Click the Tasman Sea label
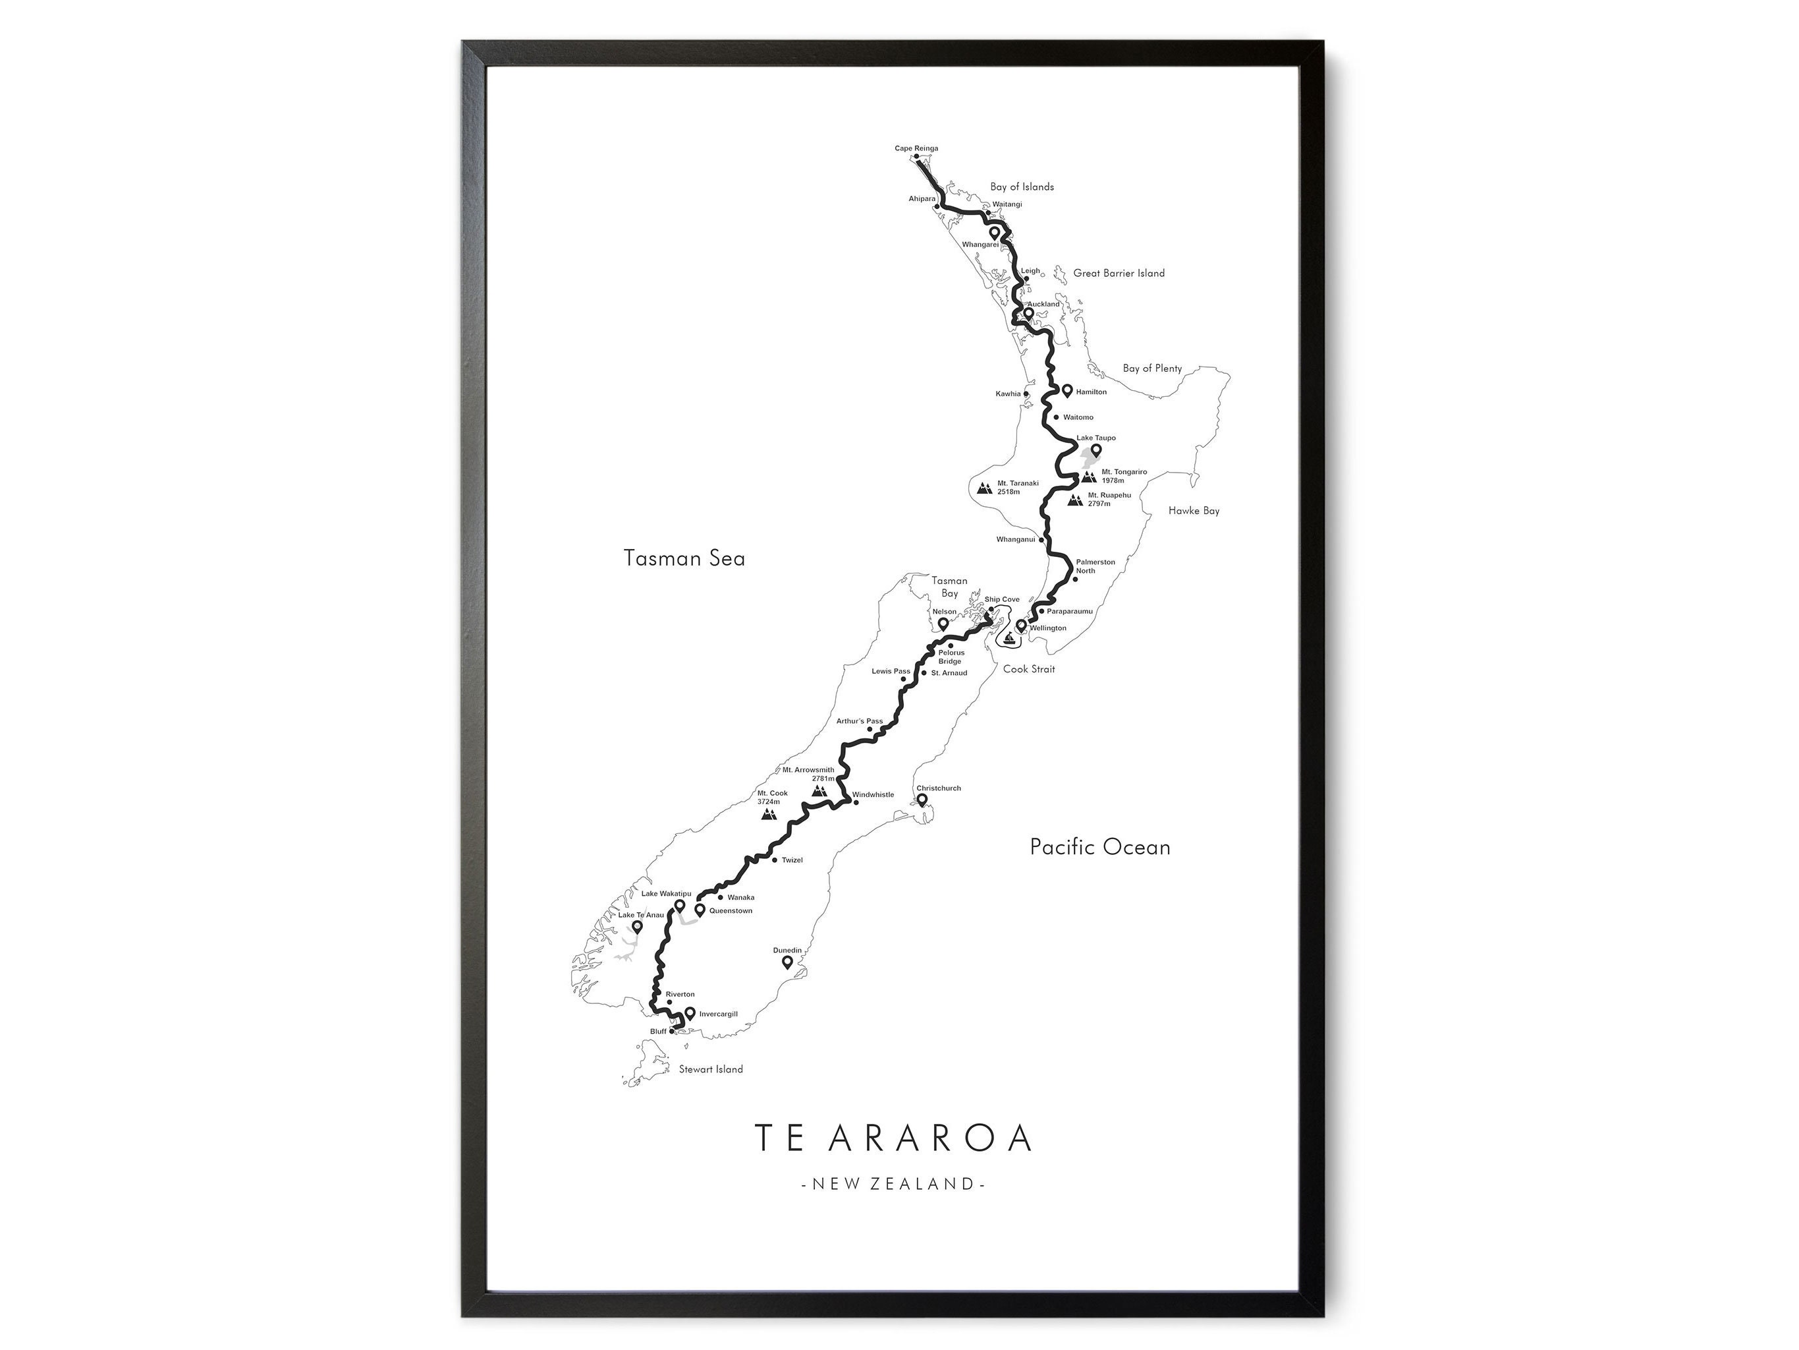pyautogui.click(x=684, y=558)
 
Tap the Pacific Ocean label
pyautogui.click(x=1099, y=847)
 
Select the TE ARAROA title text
pyautogui.click(x=893, y=1138)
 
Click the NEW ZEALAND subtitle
pyautogui.click(x=893, y=1183)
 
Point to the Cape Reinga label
pyautogui.click(x=916, y=148)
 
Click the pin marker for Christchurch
pyautogui.click(x=922, y=801)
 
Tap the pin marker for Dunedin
pyautogui.click(x=787, y=962)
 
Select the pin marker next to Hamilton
pyautogui.click(x=1067, y=391)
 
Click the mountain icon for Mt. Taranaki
pyautogui.click(x=984, y=488)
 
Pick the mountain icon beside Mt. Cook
pyautogui.click(x=769, y=813)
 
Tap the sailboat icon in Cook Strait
pyautogui.click(x=1010, y=637)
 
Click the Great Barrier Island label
pyautogui.click(x=1119, y=274)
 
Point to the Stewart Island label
pyautogui.click(x=710, y=1069)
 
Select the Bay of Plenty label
pyautogui.click(x=1151, y=368)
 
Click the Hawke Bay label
pyautogui.click(x=1193, y=511)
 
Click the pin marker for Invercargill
pyautogui.click(x=690, y=1013)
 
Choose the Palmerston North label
pyautogui.click(x=1095, y=566)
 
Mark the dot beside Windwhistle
pyautogui.click(x=856, y=802)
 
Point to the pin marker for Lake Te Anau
pyautogui.click(x=637, y=926)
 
